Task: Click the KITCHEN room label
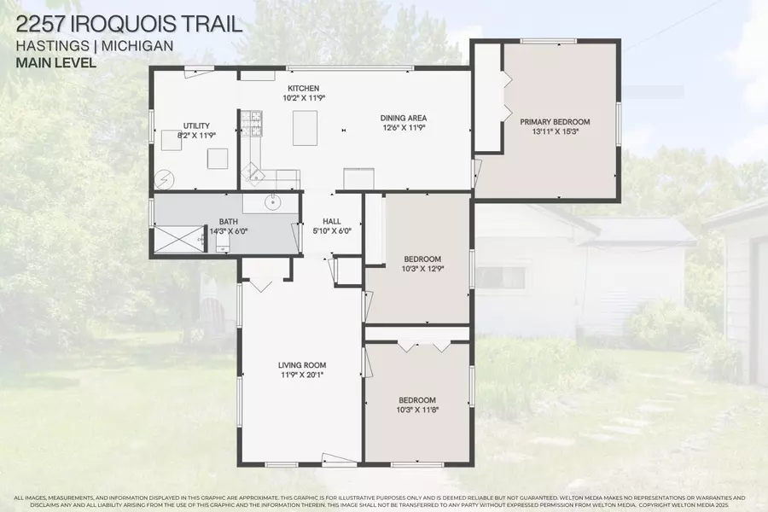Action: coord(303,88)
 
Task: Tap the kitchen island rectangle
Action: coord(305,128)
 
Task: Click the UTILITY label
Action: coord(196,125)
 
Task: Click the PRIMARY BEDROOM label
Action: coord(555,122)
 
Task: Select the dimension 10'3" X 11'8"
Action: coord(417,409)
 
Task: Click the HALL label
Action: coord(331,221)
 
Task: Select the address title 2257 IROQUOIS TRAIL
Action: coord(128,23)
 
